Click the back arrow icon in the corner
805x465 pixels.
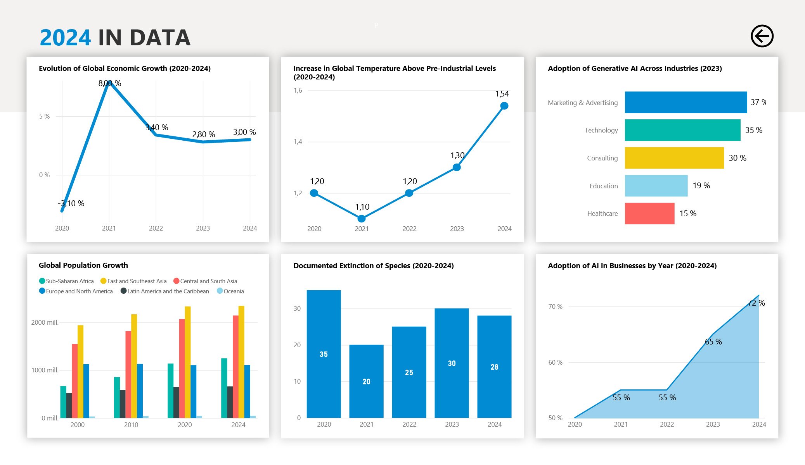[762, 36]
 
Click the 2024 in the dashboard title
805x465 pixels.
[65, 38]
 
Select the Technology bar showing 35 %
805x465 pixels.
[682, 130]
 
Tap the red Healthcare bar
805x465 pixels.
[649, 214]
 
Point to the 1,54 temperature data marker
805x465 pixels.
[504, 106]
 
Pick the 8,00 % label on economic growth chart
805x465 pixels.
[110, 83]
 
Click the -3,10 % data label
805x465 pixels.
[71, 203]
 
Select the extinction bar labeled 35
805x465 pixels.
[324, 354]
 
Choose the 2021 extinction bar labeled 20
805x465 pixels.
[366, 381]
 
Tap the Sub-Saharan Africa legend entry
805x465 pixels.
[66, 281]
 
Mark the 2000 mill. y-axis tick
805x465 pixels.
[45, 322]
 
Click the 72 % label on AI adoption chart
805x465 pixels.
[756, 303]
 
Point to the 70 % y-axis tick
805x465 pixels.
[555, 307]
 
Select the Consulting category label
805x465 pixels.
[602, 158]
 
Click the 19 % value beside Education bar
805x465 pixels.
[701, 186]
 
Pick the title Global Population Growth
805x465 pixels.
[83, 265]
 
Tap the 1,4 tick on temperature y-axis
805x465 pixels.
[298, 142]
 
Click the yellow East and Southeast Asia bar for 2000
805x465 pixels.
[80, 371]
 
